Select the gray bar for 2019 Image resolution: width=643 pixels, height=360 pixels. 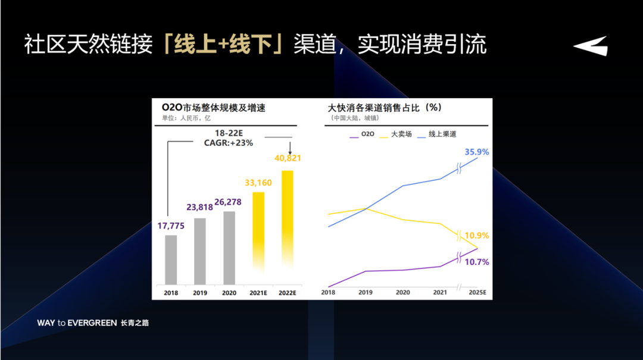[x=200, y=251]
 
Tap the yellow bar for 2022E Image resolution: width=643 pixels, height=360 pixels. [x=288, y=227]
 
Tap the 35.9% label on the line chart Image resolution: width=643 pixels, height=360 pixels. [x=477, y=152]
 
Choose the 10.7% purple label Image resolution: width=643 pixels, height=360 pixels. [x=477, y=262]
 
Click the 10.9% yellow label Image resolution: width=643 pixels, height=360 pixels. [x=477, y=236]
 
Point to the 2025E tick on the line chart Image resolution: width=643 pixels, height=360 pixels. [x=477, y=292]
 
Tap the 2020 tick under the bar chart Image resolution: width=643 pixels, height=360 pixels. [x=229, y=293]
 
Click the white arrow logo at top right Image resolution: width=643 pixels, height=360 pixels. [x=591, y=46]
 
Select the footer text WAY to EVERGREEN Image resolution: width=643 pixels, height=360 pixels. [x=77, y=323]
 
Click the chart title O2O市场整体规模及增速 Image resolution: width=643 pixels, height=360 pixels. [x=213, y=108]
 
